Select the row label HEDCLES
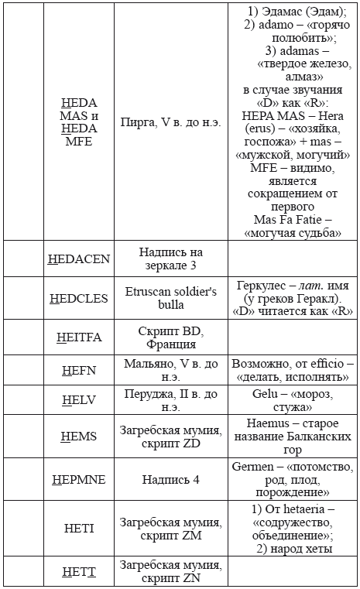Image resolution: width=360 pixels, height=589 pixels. click(x=79, y=299)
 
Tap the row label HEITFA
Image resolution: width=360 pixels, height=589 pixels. click(x=79, y=337)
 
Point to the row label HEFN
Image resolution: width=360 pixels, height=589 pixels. click(x=79, y=370)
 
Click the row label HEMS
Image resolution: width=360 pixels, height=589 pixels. click(x=79, y=437)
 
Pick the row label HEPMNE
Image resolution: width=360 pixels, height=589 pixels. click(x=79, y=479)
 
